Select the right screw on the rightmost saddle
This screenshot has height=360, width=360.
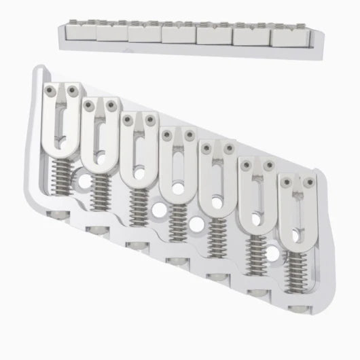click(x=308, y=182)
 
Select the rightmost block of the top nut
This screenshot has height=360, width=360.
click(x=288, y=37)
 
